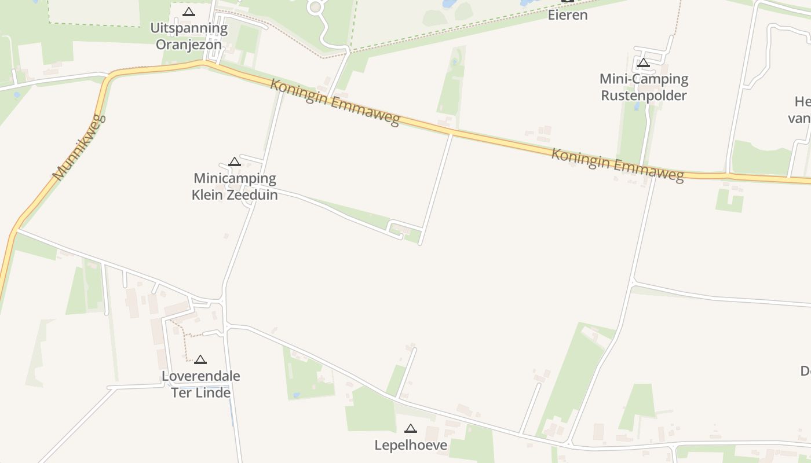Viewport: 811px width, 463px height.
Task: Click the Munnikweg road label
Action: pos(79,148)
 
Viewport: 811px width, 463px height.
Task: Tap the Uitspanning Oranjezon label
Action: pos(189,36)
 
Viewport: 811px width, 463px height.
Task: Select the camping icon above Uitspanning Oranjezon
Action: pos(189,12)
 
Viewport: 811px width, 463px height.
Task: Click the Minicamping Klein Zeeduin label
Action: pos(235,186)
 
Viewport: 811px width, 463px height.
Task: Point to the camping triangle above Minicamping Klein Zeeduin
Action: pos(234,161)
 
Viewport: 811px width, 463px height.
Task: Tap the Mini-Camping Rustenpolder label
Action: pos(644,87)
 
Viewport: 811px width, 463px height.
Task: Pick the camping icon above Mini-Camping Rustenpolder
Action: pos(643,63)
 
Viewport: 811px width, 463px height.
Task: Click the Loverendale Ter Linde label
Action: pos(200,384)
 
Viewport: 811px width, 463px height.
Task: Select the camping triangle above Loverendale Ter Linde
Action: pos(200,359)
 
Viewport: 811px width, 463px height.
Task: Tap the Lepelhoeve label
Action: pos(411,445)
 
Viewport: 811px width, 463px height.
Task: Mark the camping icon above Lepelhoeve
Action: pos(411,428)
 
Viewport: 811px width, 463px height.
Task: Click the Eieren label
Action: pos(568,15)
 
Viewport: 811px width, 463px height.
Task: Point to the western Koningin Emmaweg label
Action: pos(335,102)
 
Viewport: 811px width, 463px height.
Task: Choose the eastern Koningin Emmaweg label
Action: pos(618,165)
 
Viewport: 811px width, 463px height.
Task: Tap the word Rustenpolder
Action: pos(644,95)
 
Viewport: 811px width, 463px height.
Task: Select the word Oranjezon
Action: pos(189,45)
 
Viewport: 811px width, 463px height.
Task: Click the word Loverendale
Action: pos(200,376)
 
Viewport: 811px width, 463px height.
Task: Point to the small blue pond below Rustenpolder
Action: pos(637,106)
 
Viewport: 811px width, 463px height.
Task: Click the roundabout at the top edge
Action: pos(316,7)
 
